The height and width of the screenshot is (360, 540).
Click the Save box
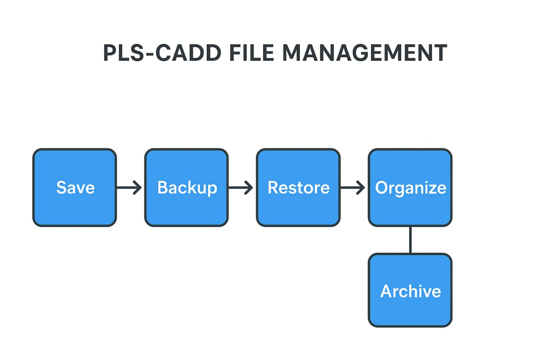tap(74, 207)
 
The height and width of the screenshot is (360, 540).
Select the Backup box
tap(186, 207)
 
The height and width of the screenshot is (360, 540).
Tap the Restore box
tap(298, 207)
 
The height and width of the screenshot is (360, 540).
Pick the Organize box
tap(410, 207)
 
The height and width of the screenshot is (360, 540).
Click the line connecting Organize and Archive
tap(410, 240)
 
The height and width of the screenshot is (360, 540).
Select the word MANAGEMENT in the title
tap(364, 53)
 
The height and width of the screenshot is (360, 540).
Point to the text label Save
tap(76, 187)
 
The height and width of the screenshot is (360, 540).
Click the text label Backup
tap(187, 187)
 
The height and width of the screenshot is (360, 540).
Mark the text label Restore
tap(299, 187)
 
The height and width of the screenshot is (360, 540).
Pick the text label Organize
tap(410, 187)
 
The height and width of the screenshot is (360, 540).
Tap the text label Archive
tap(410, 291)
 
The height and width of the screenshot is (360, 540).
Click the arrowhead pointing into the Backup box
tap(138, 187)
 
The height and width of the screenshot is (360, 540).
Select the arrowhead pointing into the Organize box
tap(361, 187)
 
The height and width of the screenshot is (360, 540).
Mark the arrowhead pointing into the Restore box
tap(249, 187)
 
